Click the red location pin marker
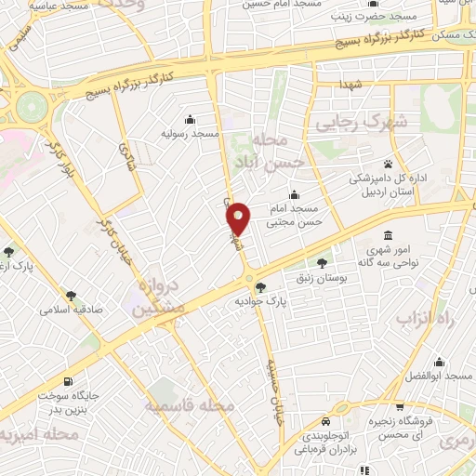coord(240,218)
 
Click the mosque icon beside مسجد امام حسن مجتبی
coord(294,195)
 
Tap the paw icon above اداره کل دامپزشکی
coord(388,164)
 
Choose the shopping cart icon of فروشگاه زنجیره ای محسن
coord(400,407)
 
